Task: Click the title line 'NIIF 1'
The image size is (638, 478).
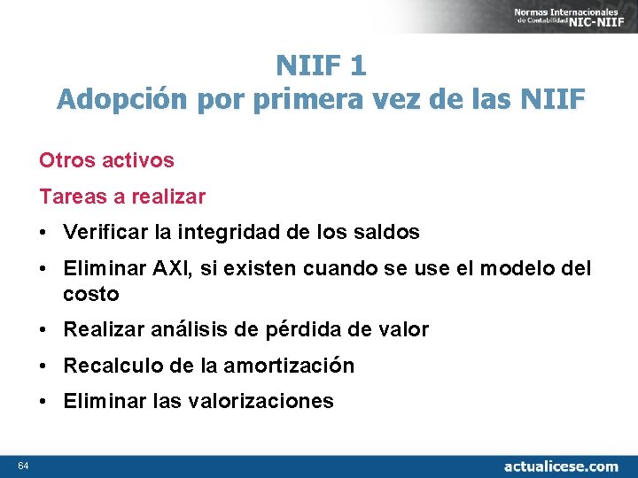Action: [x=320, y=66]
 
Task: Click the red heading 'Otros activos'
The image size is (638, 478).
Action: [x=106, y=160]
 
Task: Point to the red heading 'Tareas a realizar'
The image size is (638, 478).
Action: [x=121, y=196]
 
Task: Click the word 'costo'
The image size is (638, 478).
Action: [x=90, y=294]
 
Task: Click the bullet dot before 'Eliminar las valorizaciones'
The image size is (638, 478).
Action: [x=43, y=401]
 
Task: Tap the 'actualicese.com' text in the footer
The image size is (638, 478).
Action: [x=561, y=466]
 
